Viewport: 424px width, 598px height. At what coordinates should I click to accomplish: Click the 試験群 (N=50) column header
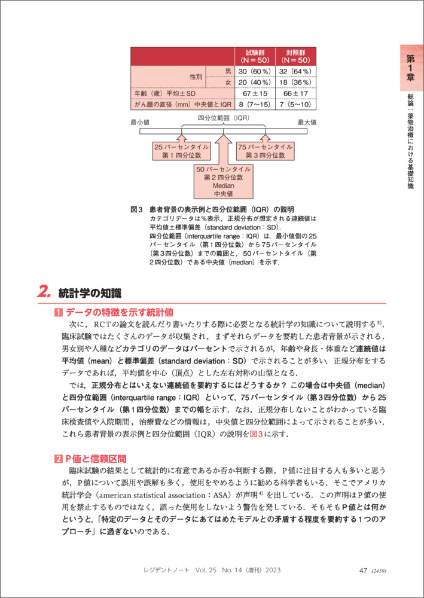[254, 56]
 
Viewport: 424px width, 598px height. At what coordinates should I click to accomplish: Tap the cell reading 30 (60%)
[254, 72]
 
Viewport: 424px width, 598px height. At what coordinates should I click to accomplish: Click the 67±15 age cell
[254, 93]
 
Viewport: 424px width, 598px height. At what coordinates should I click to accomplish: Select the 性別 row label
[196, 77]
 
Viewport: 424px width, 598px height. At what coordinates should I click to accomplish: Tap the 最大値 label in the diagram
[307, 122]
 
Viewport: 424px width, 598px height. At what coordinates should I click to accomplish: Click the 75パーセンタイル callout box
[264, 151]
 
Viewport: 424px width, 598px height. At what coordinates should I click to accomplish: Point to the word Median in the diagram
[223, 185]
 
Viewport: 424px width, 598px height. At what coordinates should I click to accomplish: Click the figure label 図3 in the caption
[137, 210]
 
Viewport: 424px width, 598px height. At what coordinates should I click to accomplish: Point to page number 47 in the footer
[362, 570]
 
